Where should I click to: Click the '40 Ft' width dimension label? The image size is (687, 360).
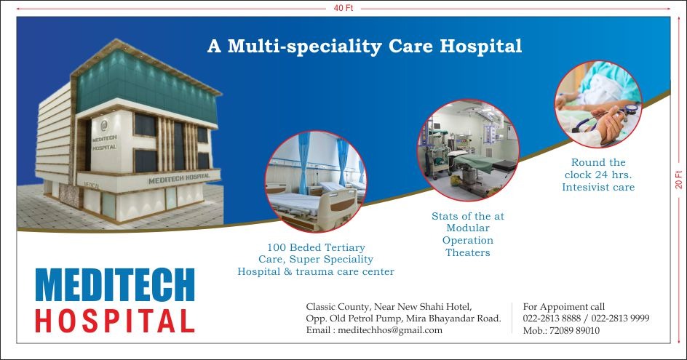[x=343, y=8]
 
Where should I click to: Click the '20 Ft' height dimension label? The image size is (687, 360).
[x=679, y=180]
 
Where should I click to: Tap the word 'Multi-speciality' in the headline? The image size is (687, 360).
[x=304, y=47]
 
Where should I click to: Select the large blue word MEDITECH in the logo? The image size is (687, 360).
[x=115, y=284]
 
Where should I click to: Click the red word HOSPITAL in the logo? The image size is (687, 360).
[x=115, y=321]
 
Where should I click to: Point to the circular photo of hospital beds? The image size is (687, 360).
[x=315, y=181]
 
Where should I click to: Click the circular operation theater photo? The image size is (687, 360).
[x=468, y=150]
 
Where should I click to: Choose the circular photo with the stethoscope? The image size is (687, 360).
[x=598, y=104]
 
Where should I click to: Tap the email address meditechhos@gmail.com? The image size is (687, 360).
[x=390, y=330]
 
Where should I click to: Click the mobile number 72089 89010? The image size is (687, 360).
[x=574, y=331]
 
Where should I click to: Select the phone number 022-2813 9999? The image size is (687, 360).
[x=620, y=319]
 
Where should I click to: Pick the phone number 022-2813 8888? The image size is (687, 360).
[x=552, y=319]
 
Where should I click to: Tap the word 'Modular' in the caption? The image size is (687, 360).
[x=468, y=228]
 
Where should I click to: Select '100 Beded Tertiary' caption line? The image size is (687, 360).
[x=316, y=247]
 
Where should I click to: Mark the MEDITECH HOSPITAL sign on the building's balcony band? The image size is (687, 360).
[x=179, y=179]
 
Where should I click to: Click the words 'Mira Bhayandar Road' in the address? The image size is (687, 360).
[x=453, y=319]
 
